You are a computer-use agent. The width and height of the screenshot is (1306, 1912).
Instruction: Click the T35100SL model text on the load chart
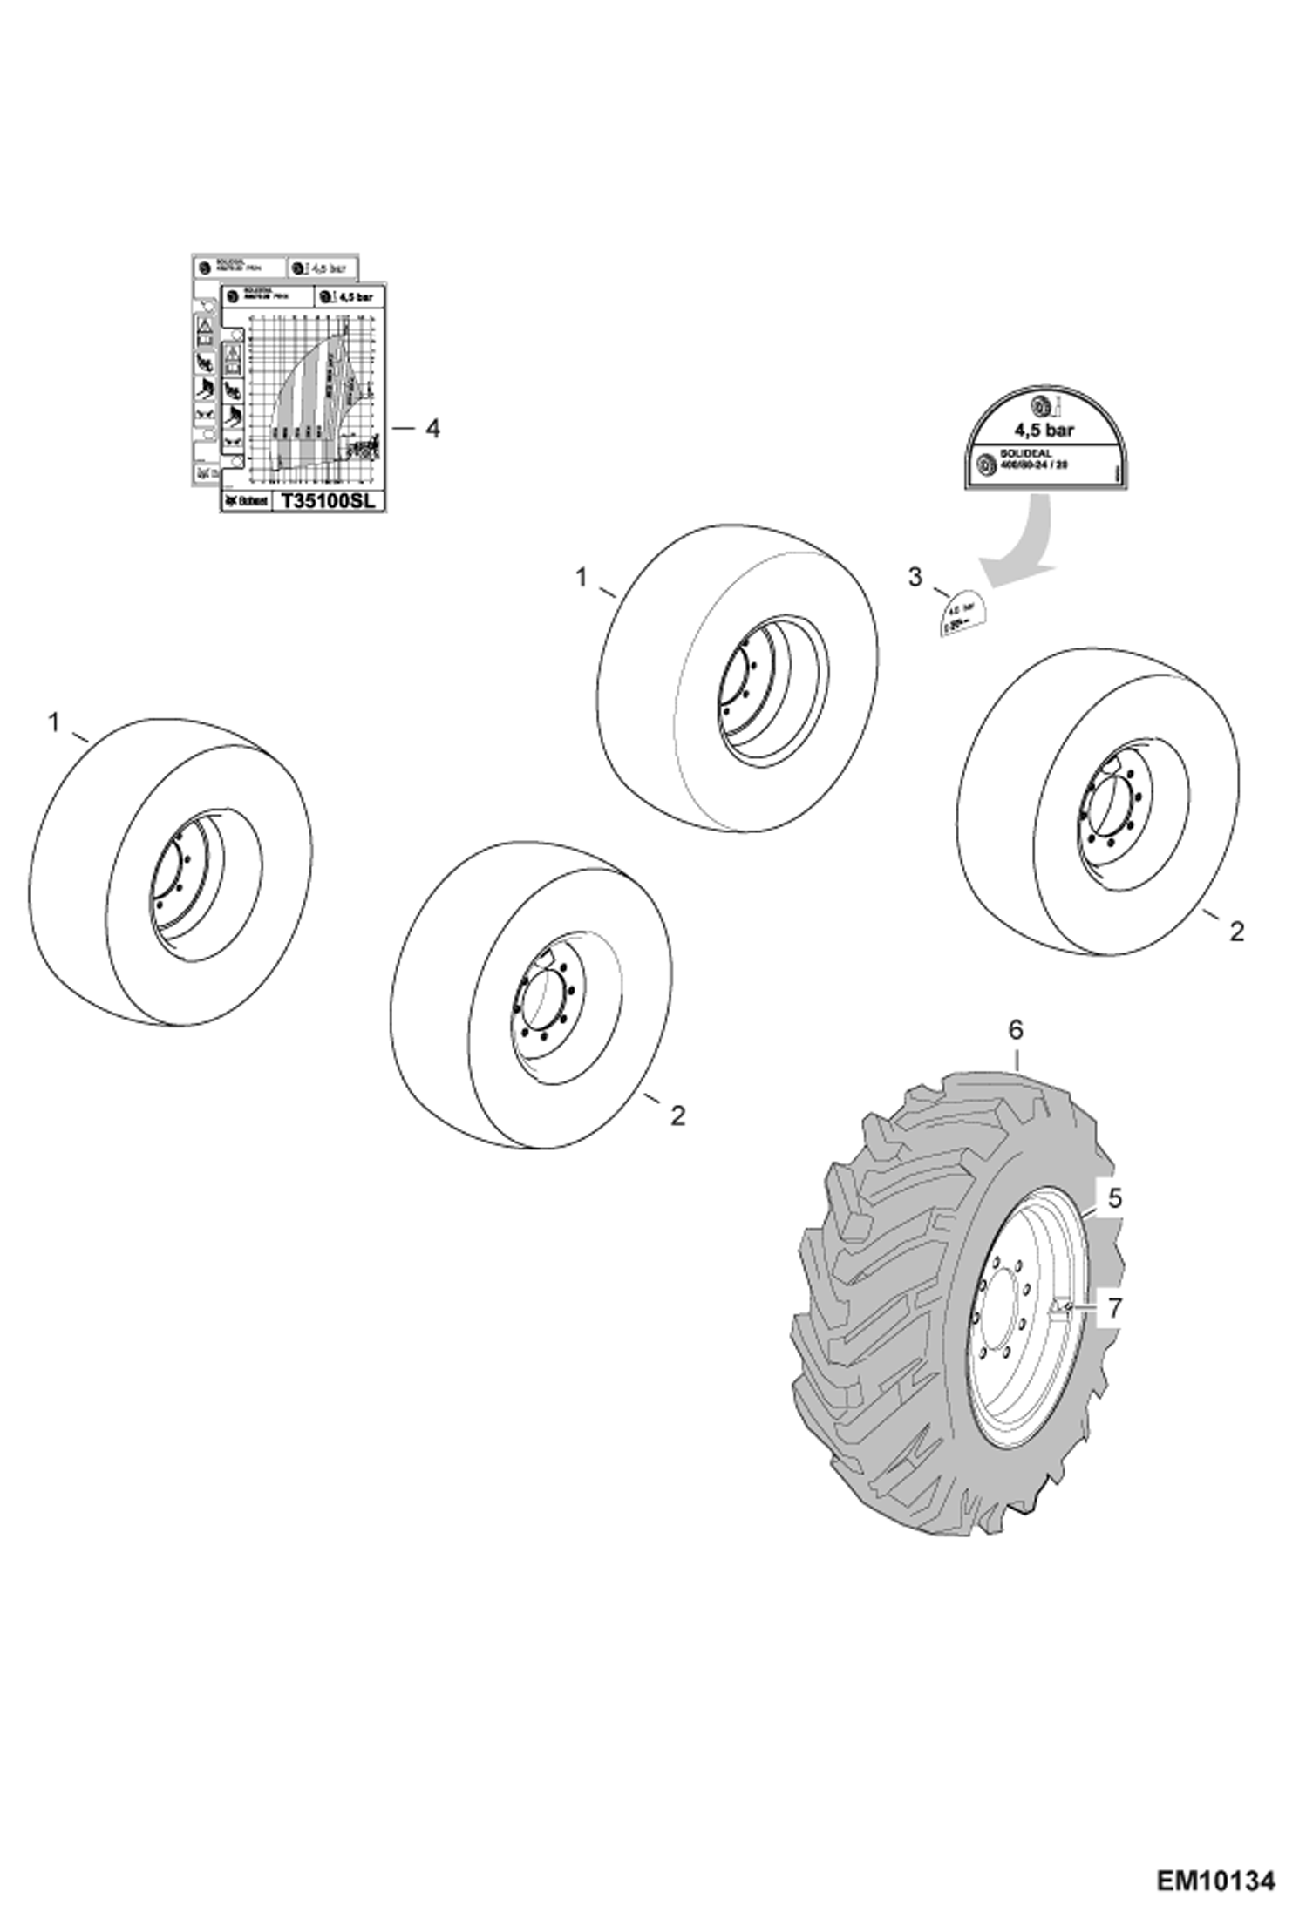click(x=328, y=502)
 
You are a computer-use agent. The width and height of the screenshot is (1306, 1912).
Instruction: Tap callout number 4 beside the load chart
click(x=431, y=429)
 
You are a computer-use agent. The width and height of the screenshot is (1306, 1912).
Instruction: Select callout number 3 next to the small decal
click(x=915, y=577)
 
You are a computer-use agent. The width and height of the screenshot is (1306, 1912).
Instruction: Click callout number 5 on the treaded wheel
click(x=1115, y=1199)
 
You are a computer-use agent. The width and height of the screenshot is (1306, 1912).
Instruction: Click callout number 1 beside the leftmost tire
click(x=54, y=722)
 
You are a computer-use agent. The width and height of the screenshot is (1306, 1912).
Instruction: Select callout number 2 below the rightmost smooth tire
click(x=1236, y=932)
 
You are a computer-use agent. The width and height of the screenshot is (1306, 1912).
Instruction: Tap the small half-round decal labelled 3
click(x=960, y=614)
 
